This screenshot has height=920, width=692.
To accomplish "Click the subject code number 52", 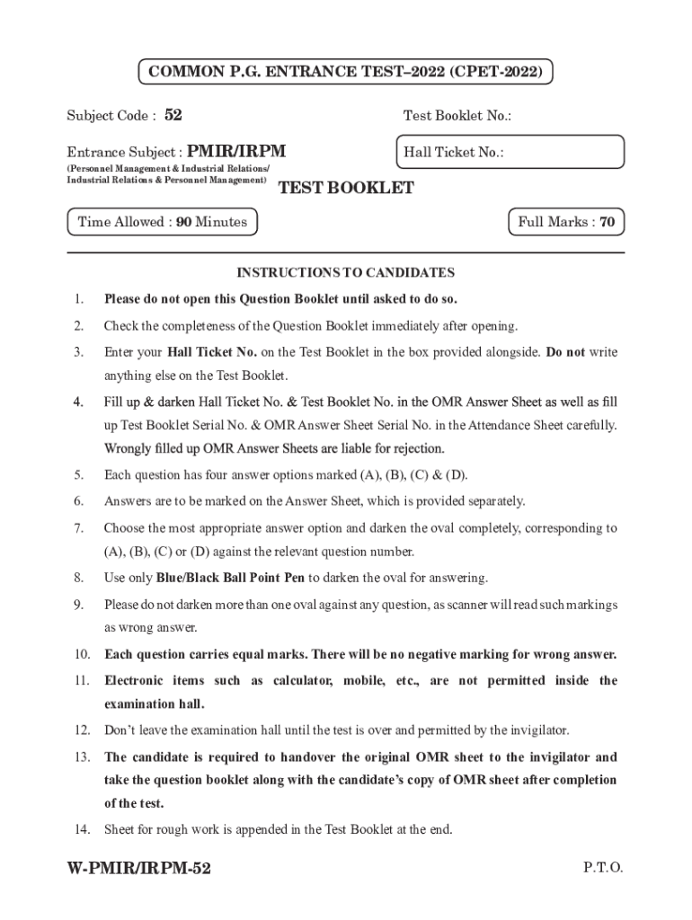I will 173,115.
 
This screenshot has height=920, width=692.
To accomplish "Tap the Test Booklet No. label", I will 457,116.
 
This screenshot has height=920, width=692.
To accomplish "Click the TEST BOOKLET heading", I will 346,188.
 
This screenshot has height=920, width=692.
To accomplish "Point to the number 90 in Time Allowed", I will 183,222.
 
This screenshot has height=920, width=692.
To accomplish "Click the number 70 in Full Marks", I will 607,222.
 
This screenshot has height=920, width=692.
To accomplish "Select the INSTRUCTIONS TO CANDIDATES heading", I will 345,272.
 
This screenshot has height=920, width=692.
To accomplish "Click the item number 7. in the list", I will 79,528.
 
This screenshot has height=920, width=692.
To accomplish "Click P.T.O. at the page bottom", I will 602,868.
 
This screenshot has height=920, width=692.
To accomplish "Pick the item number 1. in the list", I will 79,298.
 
